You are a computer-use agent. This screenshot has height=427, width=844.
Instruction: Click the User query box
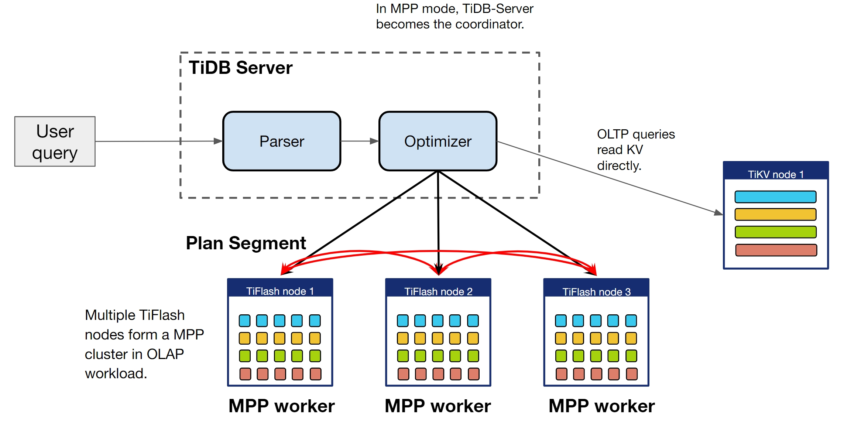coord(55,141)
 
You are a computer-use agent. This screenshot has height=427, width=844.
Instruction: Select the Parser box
coord(282,141)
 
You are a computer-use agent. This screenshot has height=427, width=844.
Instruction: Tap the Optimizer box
coord(438,141)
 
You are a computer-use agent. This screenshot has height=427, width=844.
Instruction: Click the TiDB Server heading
coord(241,68)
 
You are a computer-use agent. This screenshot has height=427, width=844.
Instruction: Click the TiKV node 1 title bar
coord(776,174)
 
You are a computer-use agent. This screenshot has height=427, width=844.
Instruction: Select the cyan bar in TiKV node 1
coord(775,197)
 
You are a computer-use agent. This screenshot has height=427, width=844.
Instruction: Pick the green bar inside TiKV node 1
coord(775,232)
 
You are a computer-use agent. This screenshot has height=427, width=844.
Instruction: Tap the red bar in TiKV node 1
coord(776,250)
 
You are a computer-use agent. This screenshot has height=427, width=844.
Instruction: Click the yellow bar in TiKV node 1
coord(775,214)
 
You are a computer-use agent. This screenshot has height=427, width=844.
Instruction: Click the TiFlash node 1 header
coord(280,291)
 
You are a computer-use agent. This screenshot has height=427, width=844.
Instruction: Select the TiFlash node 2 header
coord(438,291)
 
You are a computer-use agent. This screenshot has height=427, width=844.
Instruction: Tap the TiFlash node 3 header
coord(596,292)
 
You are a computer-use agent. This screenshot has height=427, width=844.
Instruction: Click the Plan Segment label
coord(246,243)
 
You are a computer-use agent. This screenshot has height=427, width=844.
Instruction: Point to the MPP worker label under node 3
coord(601,406)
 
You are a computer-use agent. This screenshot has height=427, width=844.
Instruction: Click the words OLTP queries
coord(636,134)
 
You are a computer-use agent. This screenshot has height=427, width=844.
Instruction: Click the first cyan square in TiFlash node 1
coord(244,321)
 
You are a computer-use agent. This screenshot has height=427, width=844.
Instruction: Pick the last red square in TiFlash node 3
coord(632,374)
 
